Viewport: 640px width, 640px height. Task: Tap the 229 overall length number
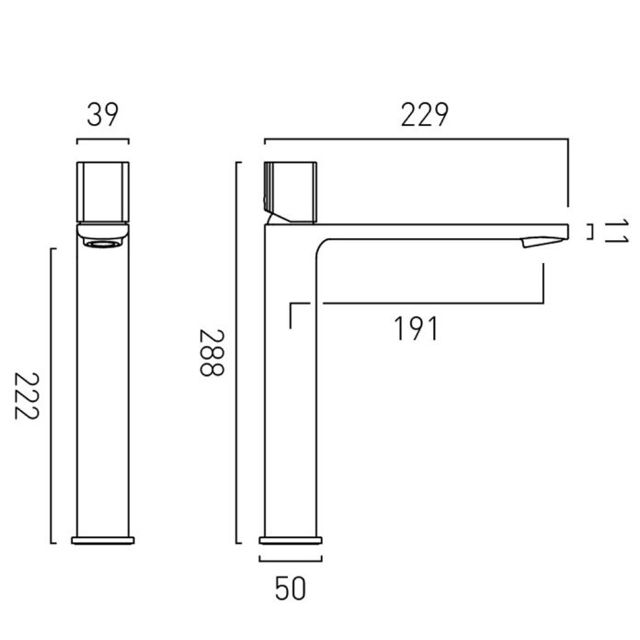coord(425,115)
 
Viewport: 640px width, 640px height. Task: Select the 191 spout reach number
coord(417,328)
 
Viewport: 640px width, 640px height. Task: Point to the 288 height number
coord(211,352)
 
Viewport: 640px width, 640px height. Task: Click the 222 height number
coord(27,396)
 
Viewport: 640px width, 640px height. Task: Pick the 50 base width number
coord(291,589)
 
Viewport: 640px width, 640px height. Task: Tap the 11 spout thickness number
coord(615,232)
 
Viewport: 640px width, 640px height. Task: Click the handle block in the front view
coord(103,193)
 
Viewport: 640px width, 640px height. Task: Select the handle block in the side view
coord(291,193)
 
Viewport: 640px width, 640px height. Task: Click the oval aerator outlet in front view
coord(103,245)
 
